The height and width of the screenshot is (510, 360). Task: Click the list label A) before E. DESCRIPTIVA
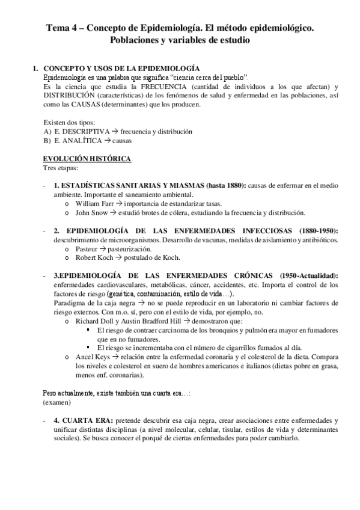(47, 131)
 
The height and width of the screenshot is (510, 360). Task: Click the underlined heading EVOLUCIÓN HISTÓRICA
(84, 158)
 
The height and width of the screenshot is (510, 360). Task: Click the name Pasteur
(88, 248)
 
